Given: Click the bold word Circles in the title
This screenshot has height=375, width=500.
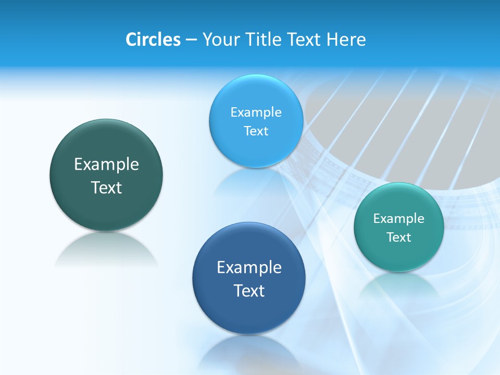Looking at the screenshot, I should [153, 40].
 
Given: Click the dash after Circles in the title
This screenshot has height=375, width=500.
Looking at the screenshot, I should [191, 40].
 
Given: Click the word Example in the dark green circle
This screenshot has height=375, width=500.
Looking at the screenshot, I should [106, 165].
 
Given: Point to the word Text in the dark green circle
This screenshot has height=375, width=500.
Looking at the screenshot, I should [106, 187].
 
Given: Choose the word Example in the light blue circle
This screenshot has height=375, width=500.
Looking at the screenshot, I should [256, 113].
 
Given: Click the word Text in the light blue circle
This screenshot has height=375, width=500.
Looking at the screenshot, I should [256, 131].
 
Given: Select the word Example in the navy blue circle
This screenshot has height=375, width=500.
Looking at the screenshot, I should [249, 268].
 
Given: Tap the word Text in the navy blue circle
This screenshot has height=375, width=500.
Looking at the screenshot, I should [249, 291].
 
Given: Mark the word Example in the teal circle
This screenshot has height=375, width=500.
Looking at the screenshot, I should [399, 219].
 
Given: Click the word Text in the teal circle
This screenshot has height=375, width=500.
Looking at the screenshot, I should [399, 238].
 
